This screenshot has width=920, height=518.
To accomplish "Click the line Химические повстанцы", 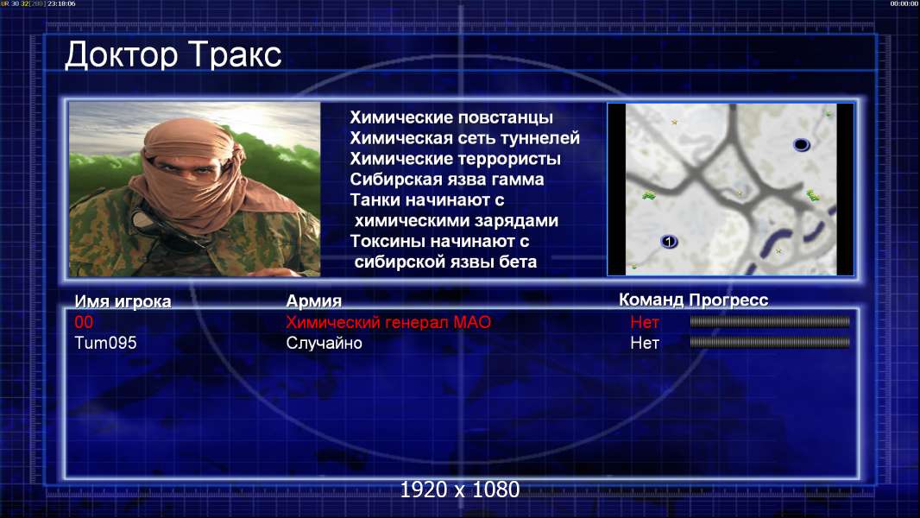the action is click(451, 117).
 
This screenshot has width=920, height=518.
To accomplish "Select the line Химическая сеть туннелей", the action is click(464, 138).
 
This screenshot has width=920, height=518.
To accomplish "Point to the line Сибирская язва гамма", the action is click(446, 179).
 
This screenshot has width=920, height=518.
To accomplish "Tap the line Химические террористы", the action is click(456, 158).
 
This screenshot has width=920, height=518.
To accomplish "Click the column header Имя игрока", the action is click(123, 301).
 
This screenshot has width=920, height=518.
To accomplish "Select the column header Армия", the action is click(314, 301).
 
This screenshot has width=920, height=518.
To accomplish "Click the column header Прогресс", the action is click(728, 300).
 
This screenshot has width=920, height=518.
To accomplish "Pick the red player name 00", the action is click(84, 322).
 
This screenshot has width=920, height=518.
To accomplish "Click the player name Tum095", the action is click(105, 343).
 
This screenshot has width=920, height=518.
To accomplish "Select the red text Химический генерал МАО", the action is click(388, 322).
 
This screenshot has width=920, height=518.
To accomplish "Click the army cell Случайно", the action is click(324, 343).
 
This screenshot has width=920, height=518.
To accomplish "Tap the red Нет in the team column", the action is click(644, 322).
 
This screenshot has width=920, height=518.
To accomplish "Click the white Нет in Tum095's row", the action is click(644, 343).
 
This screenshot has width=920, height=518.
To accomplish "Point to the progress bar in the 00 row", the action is click(770, 321).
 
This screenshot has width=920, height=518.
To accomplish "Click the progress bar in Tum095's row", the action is click(770, 342).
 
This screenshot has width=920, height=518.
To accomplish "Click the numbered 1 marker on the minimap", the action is click(669, 241).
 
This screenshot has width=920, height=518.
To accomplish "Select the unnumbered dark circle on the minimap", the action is click(802, 144).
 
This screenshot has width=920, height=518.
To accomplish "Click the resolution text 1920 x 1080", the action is click(459, 490).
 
